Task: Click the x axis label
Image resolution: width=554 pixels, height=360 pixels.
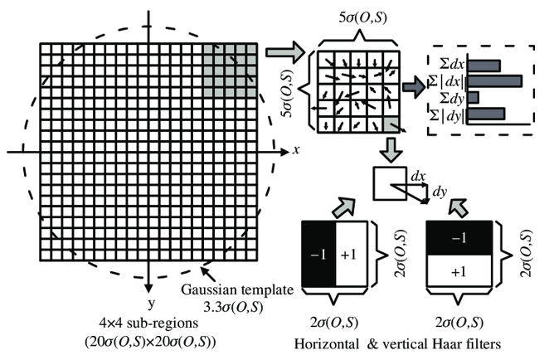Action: tap(294, 152)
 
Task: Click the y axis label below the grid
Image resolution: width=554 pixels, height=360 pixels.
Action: tap(148, 293)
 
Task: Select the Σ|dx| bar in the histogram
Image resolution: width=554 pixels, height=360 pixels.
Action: tap(494, 80)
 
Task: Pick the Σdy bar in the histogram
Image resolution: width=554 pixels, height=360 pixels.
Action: tap(473, 97)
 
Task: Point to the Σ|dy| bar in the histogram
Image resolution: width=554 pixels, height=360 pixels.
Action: tap(487, 114)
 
